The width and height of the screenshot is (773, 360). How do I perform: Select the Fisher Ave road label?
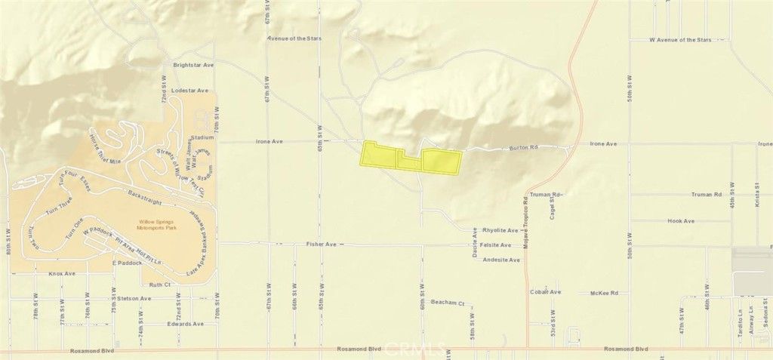click(x=321, y=245)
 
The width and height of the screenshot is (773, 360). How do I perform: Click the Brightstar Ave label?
click(x=194, y=66)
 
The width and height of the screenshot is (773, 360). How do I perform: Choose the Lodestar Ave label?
click(x=189, y=91)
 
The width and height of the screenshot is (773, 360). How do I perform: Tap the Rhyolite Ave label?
click(x=500, y=230)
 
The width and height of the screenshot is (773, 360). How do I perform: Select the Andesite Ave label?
click(x=500, y=260)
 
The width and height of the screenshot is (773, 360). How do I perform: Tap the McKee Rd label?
click(x=604, y=292)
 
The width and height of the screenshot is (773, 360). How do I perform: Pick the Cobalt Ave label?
click(x=545, y=292)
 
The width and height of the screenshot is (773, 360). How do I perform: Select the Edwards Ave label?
click(x=186, y=324)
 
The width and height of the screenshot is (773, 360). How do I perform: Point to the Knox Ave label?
click(x=62, y=274)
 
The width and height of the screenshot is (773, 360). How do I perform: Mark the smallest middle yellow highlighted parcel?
click(x=409, y=162)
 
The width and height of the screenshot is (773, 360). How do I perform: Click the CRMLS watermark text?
click(x=414, y=349)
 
